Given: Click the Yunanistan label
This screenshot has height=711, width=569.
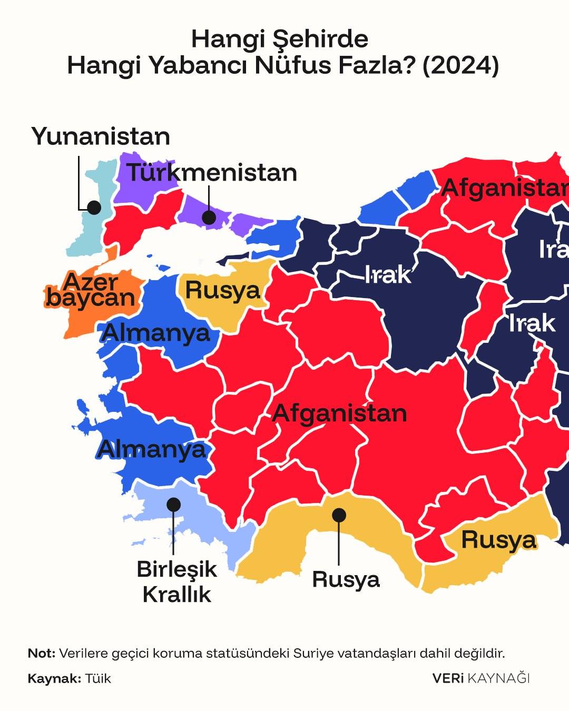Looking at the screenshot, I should [101, 136].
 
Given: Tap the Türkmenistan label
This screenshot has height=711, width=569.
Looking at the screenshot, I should [212, 173].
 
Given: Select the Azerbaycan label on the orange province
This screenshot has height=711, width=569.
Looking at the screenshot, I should [91, 290].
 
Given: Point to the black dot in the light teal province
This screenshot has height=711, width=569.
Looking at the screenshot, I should [94, 207].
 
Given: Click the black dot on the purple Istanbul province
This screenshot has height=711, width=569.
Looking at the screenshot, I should [209, 217].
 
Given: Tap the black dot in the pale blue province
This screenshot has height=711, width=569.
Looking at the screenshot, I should [173, 505].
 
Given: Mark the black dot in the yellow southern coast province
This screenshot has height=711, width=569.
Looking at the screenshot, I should [339, 515].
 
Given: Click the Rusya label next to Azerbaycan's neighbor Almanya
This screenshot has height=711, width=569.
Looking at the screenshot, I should [222, 290].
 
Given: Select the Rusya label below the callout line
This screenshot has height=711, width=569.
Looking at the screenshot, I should [346, 579].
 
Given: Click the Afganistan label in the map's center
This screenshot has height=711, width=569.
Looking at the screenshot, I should [339, 413].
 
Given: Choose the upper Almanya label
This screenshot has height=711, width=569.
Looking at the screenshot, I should [156, 333].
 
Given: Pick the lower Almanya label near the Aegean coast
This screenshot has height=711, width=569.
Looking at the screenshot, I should [152, 450].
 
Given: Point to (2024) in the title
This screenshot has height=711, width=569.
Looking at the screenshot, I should [460, 66].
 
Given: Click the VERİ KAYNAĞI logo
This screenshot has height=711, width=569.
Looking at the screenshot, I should [480, 678].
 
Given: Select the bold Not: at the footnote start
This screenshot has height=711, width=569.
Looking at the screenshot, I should [41, 654].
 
